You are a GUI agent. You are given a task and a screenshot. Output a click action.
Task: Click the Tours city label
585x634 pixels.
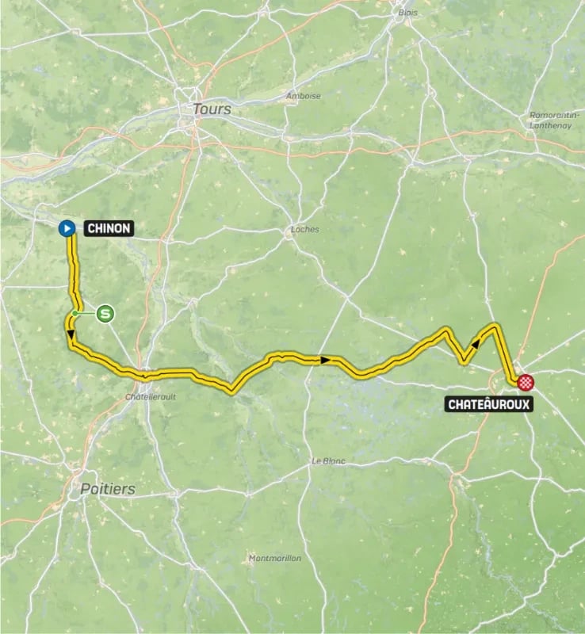[212, 109]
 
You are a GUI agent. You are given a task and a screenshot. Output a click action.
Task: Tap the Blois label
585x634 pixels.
[407, 13]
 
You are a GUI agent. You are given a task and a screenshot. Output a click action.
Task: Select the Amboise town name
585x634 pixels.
[303, 97]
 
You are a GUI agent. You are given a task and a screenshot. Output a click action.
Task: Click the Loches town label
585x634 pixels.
[304, 230]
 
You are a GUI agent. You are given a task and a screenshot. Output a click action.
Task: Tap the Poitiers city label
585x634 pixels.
[107, 489]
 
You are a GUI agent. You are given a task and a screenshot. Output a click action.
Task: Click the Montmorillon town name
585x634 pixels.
[274, 558]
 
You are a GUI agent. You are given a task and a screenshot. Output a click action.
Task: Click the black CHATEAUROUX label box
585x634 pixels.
[488, 404]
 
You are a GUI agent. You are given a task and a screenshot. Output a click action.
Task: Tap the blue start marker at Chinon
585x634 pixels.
[67, 228]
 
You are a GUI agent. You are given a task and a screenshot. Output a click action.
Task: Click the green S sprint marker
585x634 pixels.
[105, 315]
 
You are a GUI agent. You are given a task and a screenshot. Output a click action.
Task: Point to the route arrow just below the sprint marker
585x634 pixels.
[71, 337]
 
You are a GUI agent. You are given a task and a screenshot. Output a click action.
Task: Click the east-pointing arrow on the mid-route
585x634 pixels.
[324, 361]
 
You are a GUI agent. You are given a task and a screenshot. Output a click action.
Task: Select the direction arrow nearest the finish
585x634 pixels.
[476, 342]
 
